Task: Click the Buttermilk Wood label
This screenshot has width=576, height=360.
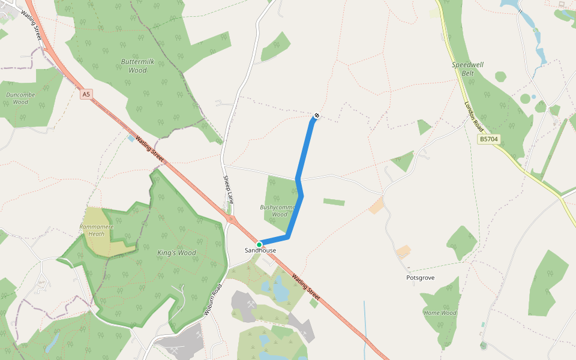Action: pos(133,66)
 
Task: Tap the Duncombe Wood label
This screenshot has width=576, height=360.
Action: pos(20,98)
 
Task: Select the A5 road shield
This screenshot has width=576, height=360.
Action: pos(86,94)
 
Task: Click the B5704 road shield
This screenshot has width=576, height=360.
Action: pos(488,139)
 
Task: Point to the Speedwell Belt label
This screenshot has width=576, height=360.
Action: pos(468,69)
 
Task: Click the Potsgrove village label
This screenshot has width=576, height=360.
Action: pos(420,278)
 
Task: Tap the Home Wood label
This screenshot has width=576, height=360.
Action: pos(440,313)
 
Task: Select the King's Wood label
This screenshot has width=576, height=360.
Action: pos(176,253)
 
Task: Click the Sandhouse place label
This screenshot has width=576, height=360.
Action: pos(260,250)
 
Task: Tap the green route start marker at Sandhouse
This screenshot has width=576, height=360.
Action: pos(259,244)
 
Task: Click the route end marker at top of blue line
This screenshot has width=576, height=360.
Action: pos(316,115)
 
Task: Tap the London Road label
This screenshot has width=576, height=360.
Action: pos(473,115)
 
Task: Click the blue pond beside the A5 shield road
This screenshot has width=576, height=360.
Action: pos(131,139)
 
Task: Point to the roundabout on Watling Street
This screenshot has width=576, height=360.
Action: pos(231,220)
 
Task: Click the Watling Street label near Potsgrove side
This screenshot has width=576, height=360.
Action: pos(305,287)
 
